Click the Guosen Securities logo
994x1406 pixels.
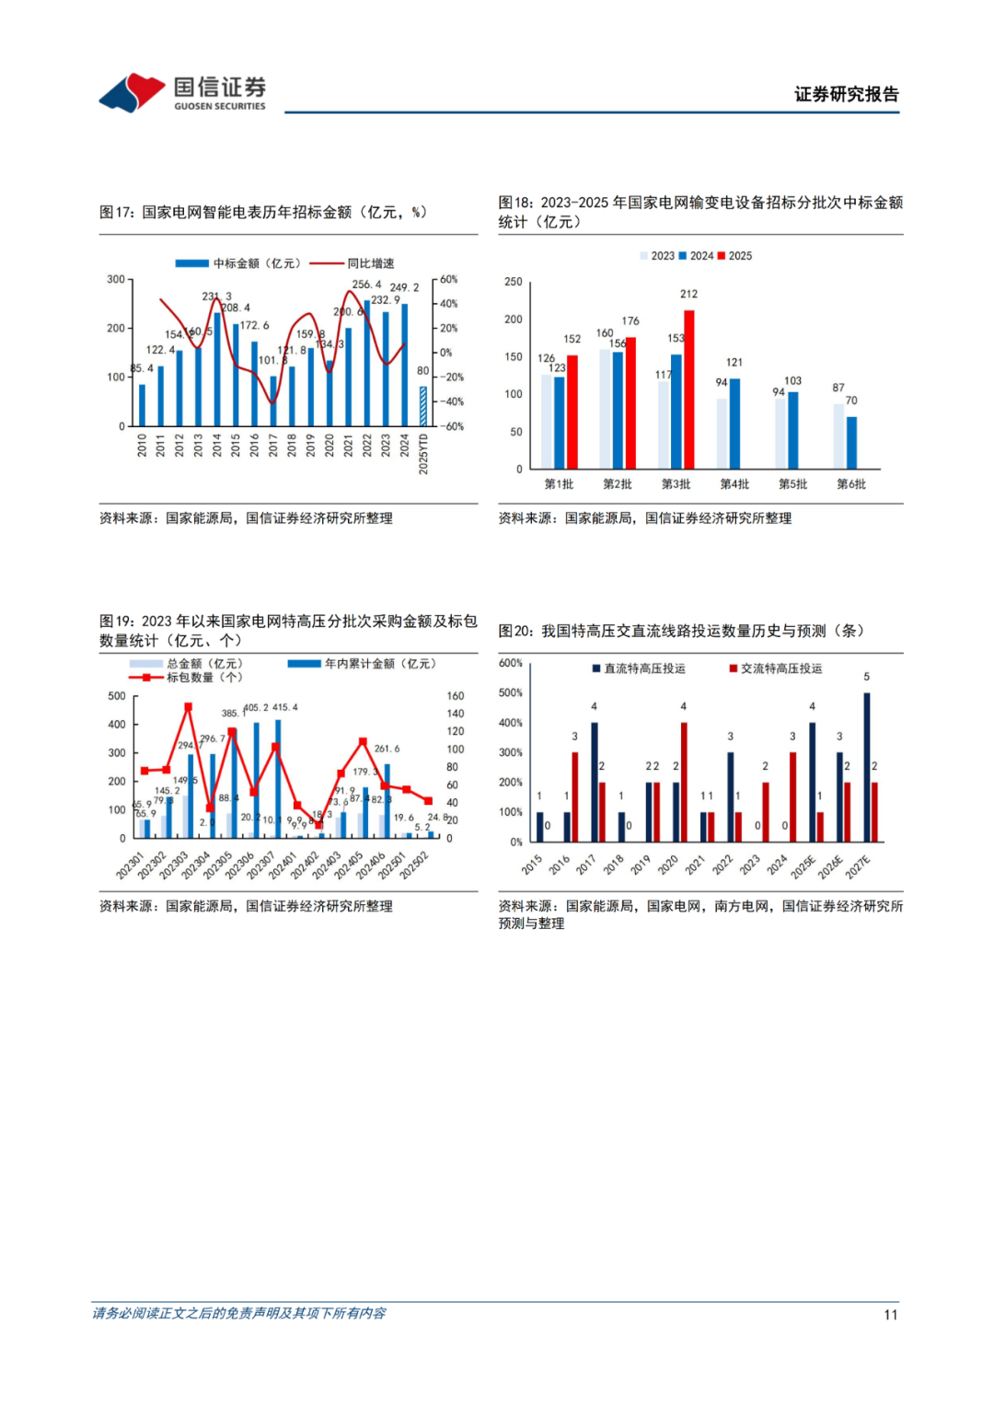183,92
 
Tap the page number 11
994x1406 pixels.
890,1315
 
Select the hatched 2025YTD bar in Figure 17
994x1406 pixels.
423,406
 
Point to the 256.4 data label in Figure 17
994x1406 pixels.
366,285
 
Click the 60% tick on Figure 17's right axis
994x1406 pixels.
448,279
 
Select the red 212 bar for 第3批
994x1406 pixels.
689,389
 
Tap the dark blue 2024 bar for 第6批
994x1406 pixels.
851,443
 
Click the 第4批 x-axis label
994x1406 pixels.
734,484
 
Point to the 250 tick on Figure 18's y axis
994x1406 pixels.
514,282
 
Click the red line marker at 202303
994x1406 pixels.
188,707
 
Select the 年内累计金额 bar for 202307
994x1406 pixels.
278,779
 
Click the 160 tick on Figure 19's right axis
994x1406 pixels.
455,696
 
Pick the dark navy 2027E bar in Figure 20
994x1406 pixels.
866,767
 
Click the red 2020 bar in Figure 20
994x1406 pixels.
684,782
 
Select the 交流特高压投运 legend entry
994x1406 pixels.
780,668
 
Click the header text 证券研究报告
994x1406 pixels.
846,94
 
